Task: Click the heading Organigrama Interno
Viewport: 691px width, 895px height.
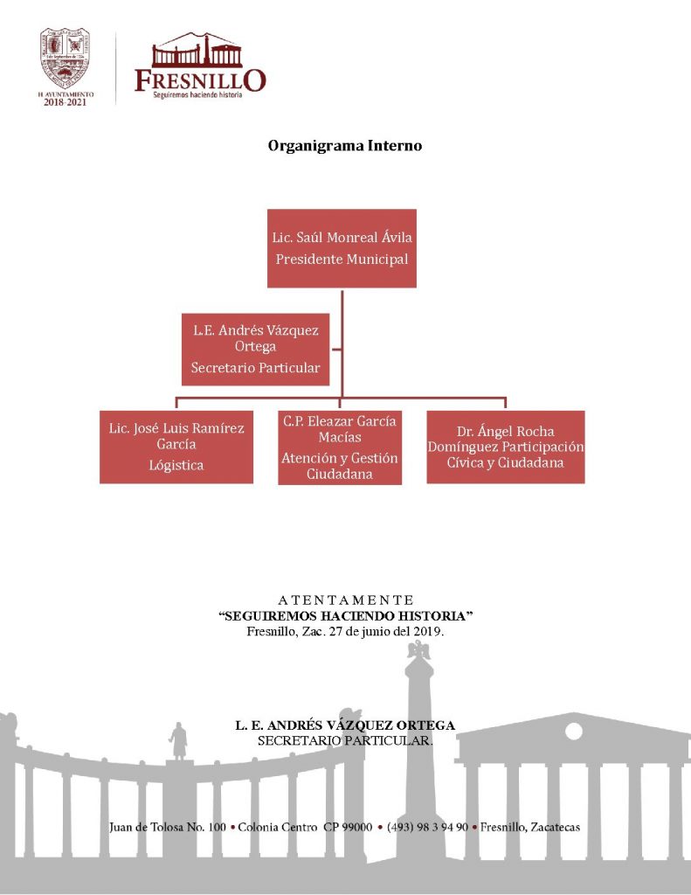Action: [345, 146]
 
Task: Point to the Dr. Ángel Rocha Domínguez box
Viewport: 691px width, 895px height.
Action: [506, 447]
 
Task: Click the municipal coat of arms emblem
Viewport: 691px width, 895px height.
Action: [66, 58]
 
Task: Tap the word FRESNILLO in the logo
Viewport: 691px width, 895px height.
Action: [200, 80]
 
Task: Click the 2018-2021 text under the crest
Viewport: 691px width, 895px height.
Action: [66, 101]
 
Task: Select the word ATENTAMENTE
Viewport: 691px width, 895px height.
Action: [345, 600]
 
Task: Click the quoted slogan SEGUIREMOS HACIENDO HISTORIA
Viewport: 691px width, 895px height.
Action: [345, 616]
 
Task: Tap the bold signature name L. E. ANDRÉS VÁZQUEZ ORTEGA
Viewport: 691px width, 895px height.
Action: [345, 725]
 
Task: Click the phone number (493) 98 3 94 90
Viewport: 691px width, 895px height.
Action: [426, 827]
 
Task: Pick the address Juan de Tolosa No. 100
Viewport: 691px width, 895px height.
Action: [168, 827]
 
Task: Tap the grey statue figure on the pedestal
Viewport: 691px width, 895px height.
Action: [178, 741]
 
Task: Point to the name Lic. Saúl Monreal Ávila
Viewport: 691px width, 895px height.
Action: [342, 237]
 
